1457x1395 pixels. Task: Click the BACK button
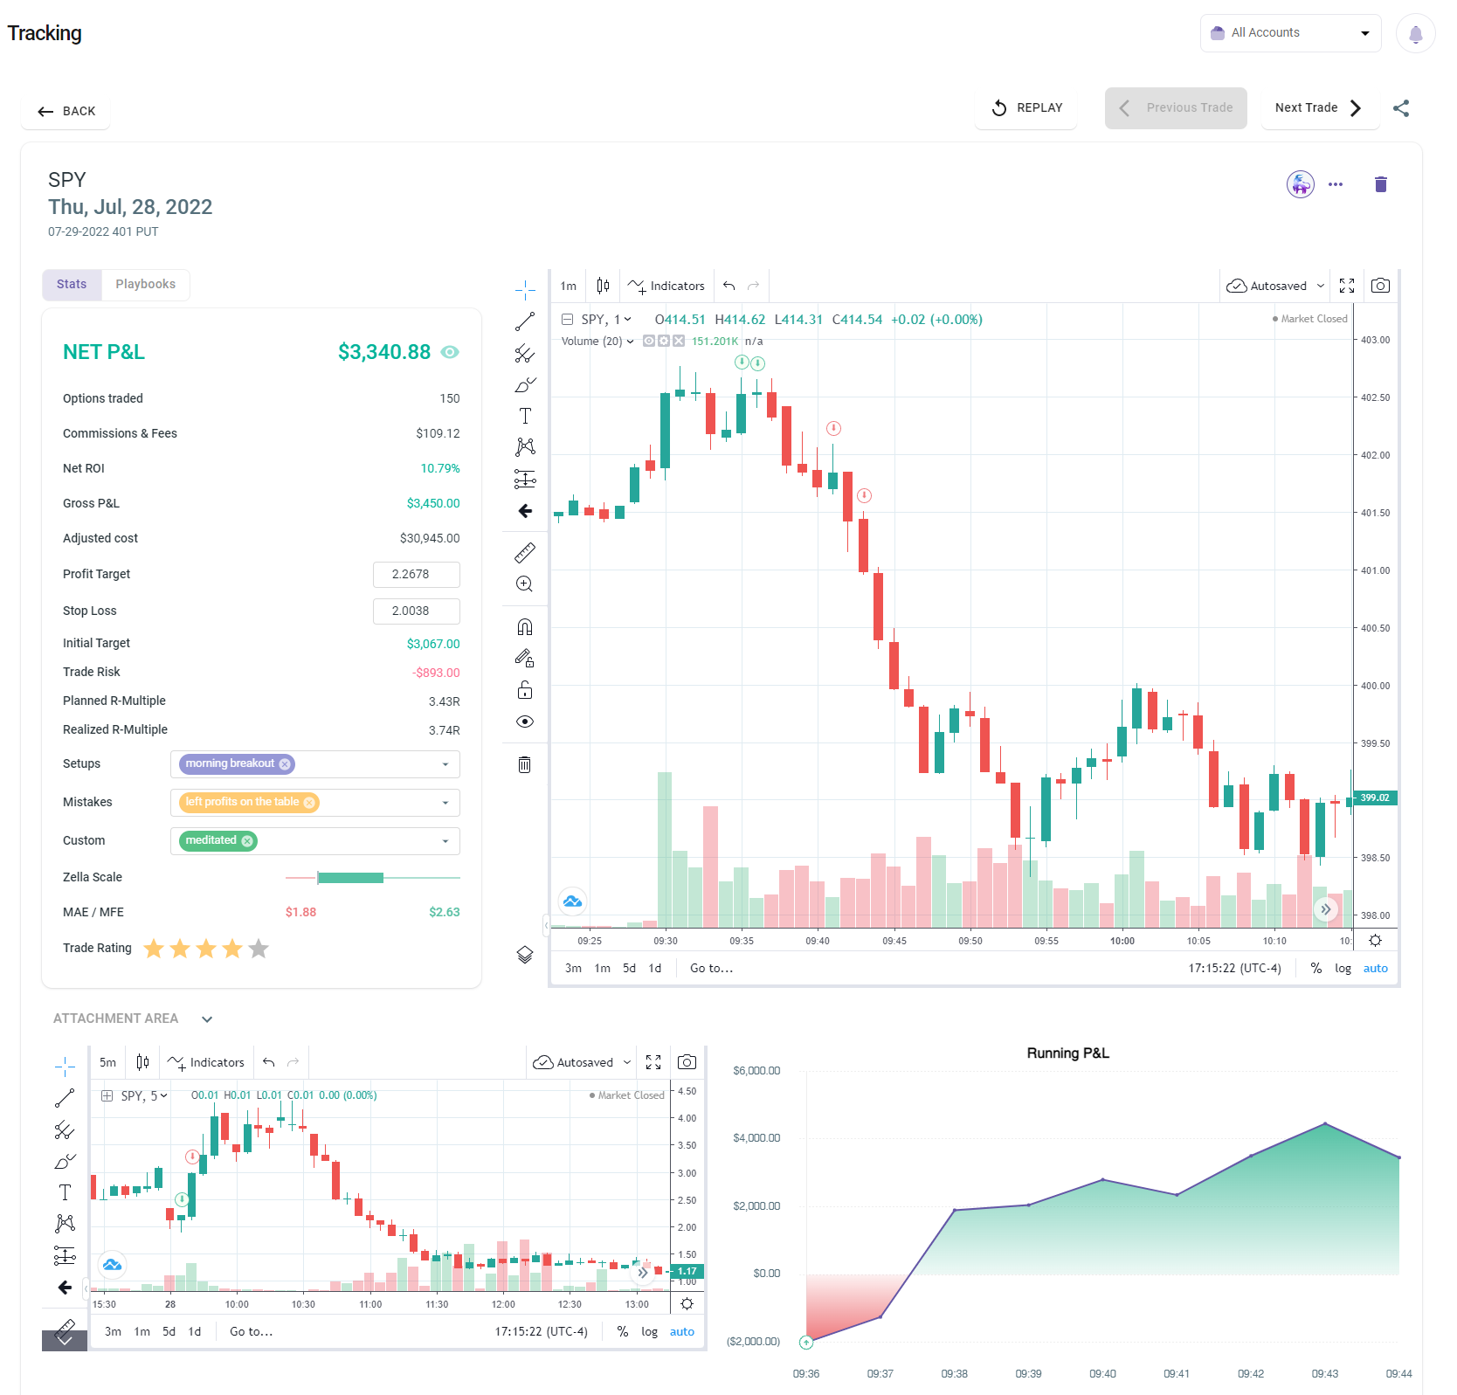pyautogui.click(x=66, y=111)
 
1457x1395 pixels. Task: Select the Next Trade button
pyautogui.click(x=1318, y=108)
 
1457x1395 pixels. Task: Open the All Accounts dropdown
pyautogui.click(x=1289, y=33)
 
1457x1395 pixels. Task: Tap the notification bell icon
pyautogui.click(x=1415, y=34)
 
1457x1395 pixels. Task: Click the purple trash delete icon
pyautogui.click(x=1380, y=184)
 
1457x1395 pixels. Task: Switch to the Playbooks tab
pyautogui.click(x=145, y=285)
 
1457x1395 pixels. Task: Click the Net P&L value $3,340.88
pyautogui.click(x=384, y=352)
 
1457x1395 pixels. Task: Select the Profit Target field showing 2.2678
pyautogui.click(x=416, y=575)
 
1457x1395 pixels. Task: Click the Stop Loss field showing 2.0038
pyautogui.click(x=416, y=611)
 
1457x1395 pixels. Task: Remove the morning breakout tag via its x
pyautogui.click(x=285, y=764)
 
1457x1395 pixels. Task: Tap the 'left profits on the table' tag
pyautogui.click(x=242, y=802)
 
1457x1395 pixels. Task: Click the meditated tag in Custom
pyautogui.click(x=211, y=840)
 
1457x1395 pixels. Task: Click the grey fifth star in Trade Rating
pyautogui.click(x=259, y=949)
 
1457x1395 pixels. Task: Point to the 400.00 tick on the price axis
pyautogui.click(x=1375, y=686)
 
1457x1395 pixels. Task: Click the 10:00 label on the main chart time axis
pyautogui.click(x=1122, y=941)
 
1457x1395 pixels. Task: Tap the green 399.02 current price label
pyautogui.click(x=1374, y=798)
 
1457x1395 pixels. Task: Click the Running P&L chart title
pyautogui.click(x=1067, y=1053)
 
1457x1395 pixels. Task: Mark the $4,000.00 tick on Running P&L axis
pyautogui.click(x=756, y=1138)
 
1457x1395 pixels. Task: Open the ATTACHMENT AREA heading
pyautogui.click(x=116, y=1019)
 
